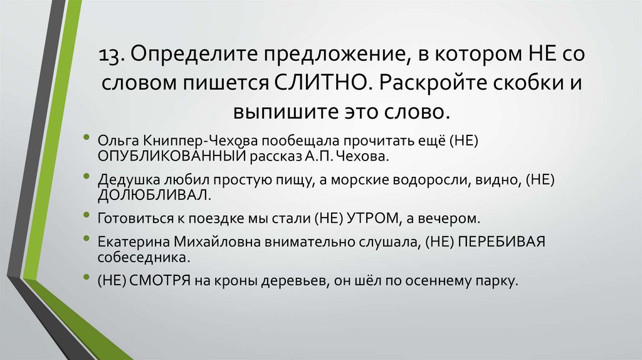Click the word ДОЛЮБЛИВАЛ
[151, 194]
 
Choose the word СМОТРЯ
[160, 281]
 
